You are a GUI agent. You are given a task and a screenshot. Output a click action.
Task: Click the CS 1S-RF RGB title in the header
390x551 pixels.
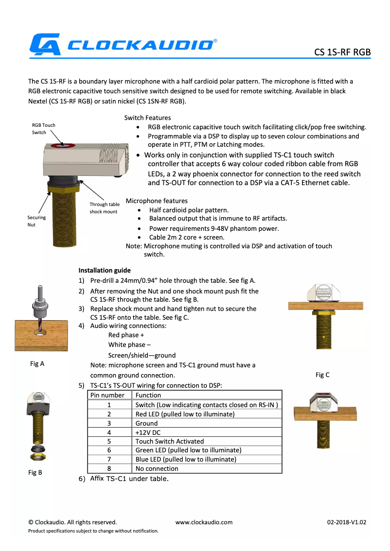[342, 52]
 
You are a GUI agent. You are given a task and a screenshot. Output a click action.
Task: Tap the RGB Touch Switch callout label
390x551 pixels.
[44, 129]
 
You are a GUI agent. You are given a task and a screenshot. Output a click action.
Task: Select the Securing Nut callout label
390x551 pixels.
[36, 221]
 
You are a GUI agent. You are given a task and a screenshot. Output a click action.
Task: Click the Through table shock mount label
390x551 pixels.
[104, 208]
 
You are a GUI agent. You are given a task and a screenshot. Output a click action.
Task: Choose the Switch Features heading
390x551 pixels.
[147, 118]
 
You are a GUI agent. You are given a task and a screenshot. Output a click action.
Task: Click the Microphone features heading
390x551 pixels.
[157, 201]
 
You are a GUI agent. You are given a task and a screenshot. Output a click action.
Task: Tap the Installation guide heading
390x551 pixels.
[104, 270]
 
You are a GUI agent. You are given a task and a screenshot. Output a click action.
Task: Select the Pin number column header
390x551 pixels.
[109, 395]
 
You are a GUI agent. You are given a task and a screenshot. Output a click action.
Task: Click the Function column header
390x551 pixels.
[148, 395]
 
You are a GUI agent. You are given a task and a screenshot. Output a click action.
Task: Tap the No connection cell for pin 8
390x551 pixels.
[157, 468]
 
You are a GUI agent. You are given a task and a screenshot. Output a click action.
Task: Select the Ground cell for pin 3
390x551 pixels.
[146, 423]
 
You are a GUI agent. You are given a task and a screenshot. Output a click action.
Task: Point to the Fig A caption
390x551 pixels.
[37, 363]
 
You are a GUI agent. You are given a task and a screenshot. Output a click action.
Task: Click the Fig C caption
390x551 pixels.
[322, 375]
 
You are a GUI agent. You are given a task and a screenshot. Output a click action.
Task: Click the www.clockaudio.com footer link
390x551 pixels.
[204, 522]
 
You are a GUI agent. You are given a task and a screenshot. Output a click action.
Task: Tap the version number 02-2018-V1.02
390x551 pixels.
[346, 522]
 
